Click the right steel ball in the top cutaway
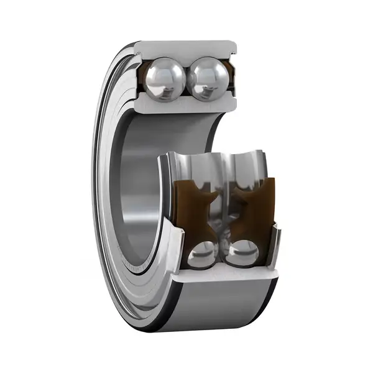point(206,79)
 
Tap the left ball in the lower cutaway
point(201,254)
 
